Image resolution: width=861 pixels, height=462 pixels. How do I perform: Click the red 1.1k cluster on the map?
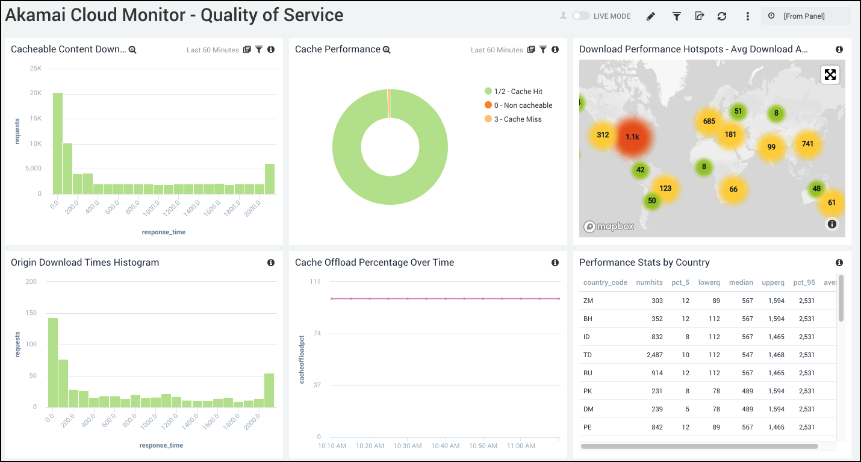(632, 137)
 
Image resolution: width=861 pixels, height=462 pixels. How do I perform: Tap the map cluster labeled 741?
(807, 143)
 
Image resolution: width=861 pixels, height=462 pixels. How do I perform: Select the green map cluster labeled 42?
(640, 170)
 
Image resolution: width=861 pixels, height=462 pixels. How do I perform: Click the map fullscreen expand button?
(830, 75)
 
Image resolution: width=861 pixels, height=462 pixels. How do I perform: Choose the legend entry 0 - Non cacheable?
(523, 105)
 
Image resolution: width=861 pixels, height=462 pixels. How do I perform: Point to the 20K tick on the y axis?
(36, 93)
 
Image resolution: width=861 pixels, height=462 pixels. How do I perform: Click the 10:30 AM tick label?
(408, 446)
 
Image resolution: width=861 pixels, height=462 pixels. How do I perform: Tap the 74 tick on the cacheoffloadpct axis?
(316, 333)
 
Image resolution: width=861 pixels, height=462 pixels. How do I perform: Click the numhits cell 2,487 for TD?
(654, 355)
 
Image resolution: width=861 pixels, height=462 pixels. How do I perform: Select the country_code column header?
(605, 283)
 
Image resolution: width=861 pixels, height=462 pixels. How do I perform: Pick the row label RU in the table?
(588, 373)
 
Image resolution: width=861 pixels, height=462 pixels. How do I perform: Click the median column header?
(741, 283)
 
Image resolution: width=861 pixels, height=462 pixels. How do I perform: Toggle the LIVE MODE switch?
(580, 16)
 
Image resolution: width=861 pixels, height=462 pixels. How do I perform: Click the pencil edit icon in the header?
(650, 16)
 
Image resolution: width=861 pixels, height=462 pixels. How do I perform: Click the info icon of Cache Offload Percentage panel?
(555, 263)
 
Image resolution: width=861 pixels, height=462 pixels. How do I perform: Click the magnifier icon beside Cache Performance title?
(387, 49)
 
